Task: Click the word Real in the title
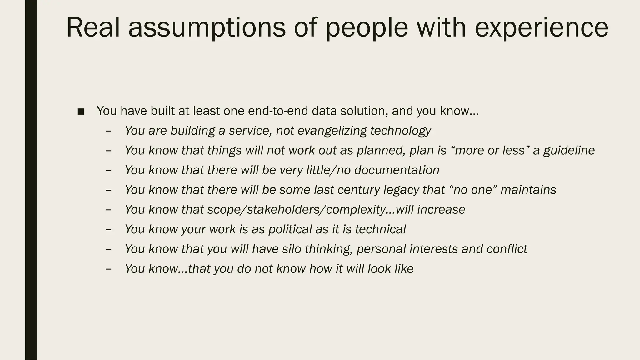tap(93, 27)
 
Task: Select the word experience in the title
tap(541, 27)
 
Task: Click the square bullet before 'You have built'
tap(81, 112)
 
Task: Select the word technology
tap(401, 131)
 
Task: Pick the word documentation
tap(397, 170)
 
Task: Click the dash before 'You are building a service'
tap(109, 131)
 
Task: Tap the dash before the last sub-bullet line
tap(109, 269)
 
